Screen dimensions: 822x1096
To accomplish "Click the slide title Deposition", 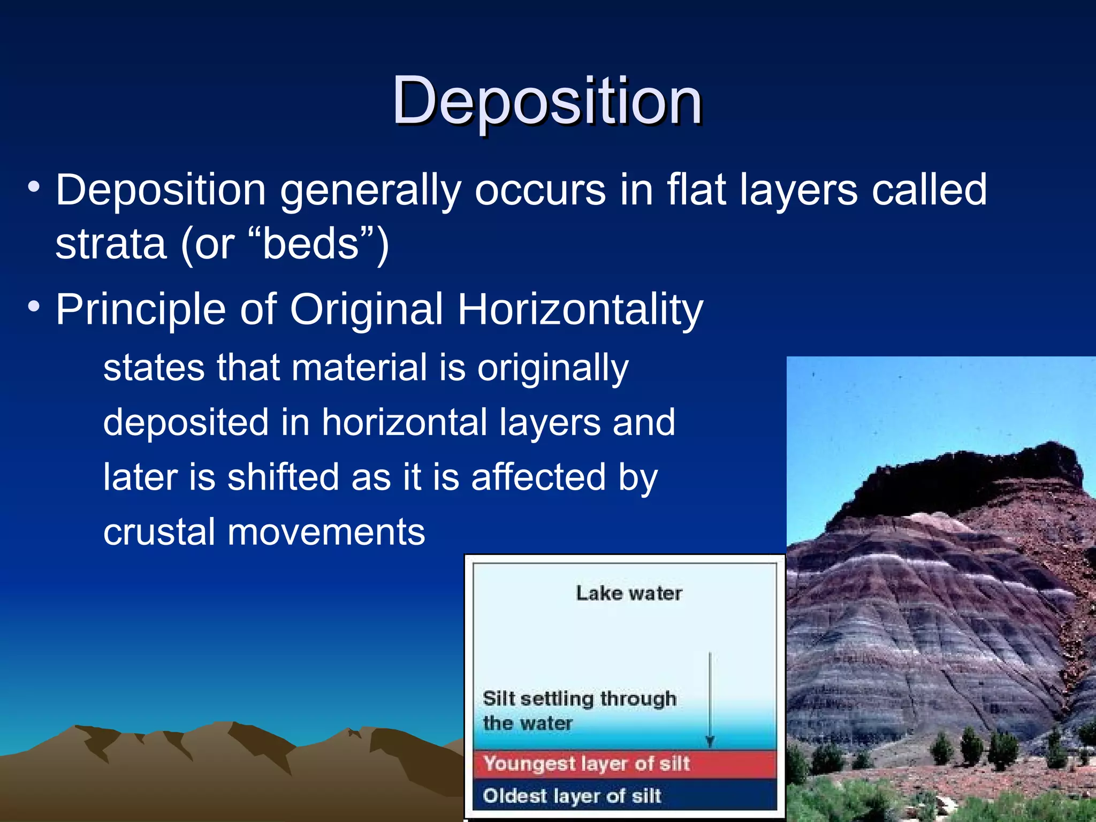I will [547, 101].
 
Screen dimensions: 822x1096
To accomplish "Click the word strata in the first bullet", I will [111, 245].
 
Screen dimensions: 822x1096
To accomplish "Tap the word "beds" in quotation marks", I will [310, 245].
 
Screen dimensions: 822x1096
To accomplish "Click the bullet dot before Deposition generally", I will [34, 188].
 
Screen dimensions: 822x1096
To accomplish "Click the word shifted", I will [283, 477].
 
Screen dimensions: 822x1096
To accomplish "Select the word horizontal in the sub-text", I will [404, 422].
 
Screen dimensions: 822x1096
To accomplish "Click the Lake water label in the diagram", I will [629, 593].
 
